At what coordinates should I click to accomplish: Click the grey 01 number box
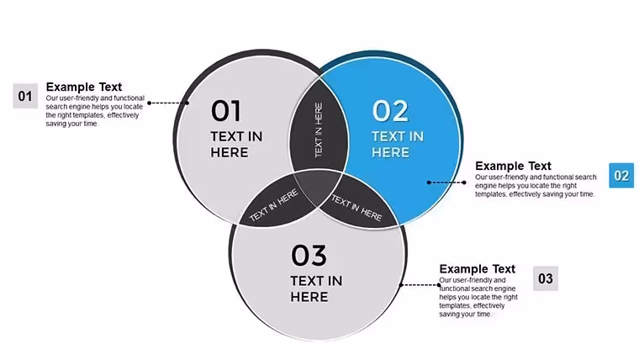point(25,96)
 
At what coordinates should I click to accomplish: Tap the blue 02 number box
point(621,175)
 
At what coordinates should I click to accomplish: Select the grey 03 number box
point(546,278)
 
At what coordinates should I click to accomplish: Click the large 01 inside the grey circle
point(226,111)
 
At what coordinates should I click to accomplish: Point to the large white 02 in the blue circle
point(390,111)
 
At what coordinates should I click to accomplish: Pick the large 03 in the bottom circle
point(309,255)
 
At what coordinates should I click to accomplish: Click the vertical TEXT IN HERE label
point(319,130)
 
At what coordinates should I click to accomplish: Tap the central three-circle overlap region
point(318,188)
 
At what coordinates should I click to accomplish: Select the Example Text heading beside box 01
point(84,87)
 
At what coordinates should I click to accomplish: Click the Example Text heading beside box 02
point(513,166)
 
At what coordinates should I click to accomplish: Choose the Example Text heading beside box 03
point(478,269)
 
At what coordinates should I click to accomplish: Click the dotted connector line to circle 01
point(168,103)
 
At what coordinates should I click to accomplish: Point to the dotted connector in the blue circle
point(446,183)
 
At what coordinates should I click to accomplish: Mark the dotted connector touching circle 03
point(420,285)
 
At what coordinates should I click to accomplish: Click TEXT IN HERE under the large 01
point(236,145)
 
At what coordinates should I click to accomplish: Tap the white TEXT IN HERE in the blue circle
point(398,145)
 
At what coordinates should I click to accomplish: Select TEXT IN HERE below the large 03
point(316,289)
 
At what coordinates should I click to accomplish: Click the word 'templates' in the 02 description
point(491,194)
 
